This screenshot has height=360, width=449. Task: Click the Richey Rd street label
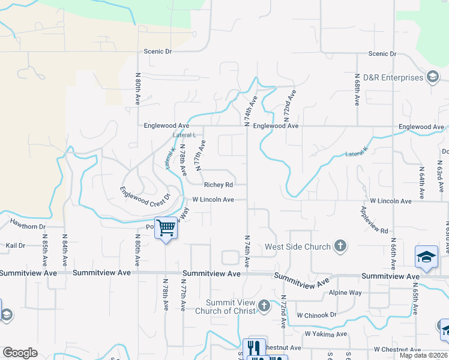(x=218, y=185)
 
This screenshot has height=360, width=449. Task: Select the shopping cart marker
(x=166, y=227)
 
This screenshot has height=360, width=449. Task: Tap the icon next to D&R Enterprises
(x=432, y=77)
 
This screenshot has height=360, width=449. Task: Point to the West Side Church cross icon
(x=340, y=246)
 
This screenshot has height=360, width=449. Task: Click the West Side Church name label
(x=298, y=247)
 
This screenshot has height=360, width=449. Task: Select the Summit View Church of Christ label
(x=231, y=307)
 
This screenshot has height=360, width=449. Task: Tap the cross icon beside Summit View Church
(x=264, y=307)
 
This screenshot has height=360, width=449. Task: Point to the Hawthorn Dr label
(x=27, y=227)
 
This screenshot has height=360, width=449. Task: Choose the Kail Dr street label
(x=15, y=245)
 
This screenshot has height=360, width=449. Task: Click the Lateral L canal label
(x=185, y=135)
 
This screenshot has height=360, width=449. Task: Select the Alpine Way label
(x=345, y=293)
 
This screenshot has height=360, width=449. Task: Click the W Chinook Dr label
(x=317, y=315)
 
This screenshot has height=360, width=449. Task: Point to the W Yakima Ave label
(x=325, y=334)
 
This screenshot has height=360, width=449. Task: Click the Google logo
(x=20, y=353)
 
